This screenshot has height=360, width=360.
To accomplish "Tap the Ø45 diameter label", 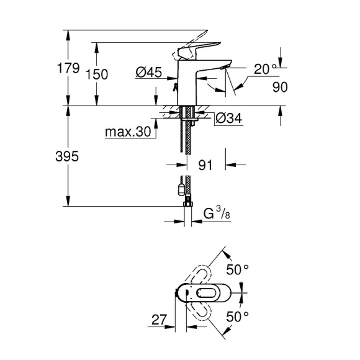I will (148, 73).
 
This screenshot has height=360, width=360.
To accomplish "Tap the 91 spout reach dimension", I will (206, 165).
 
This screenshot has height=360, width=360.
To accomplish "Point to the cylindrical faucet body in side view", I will (186, 81).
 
